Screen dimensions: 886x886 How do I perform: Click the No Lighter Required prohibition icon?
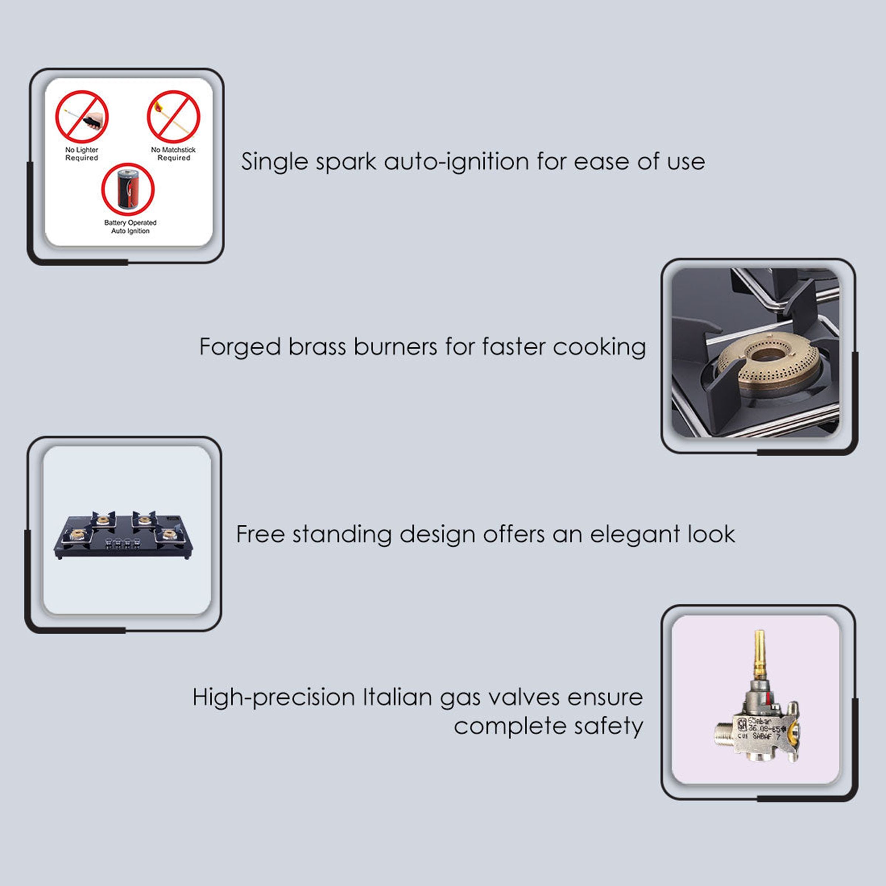coord(82,117)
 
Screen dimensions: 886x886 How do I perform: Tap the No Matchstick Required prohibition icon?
coord(174,117)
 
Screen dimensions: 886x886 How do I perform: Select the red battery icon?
coord(128,189)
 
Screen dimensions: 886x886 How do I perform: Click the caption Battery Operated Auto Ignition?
coord(130,227)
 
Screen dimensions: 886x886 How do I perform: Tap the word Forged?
coord(240,347)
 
